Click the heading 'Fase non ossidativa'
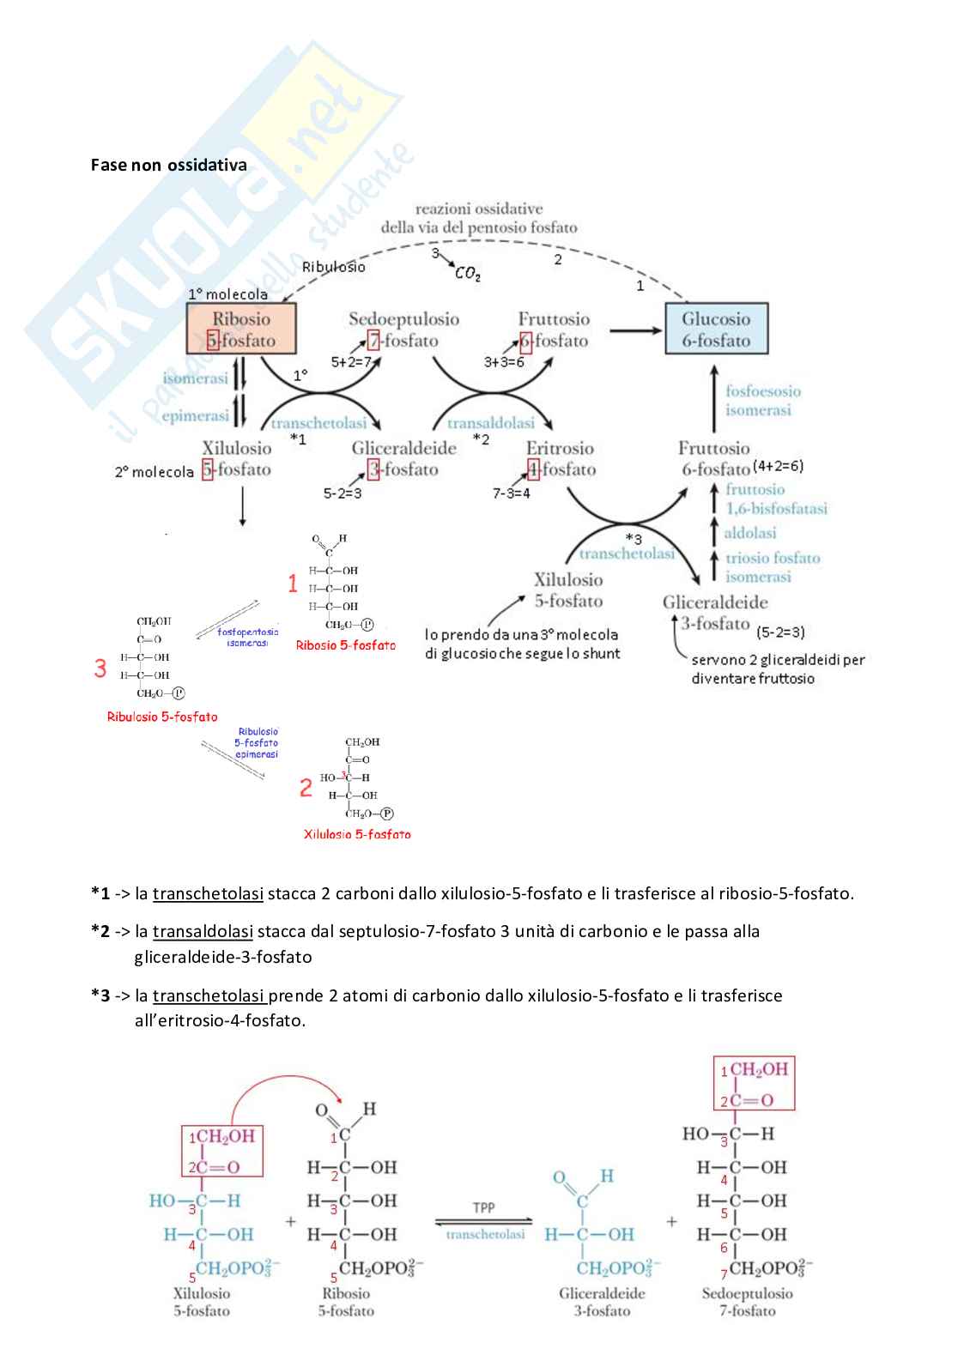[168, 165]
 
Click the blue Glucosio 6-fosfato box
[716, 329]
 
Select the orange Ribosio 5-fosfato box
[241, 329]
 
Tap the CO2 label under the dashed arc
[468, 273]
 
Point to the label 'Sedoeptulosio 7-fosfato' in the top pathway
[403, 330]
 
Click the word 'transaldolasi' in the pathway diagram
[491, 423]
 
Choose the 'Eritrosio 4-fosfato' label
[561, 458]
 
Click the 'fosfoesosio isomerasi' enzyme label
[762, 400]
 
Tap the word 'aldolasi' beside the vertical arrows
[749, 533]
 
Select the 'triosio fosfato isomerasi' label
[772, 567]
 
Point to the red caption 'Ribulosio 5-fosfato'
[162, 717]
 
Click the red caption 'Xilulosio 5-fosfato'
[357, 834]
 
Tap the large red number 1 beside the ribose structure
[293, 584]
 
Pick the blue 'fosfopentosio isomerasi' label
[247, 637]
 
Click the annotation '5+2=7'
[350, 362]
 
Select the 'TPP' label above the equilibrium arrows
[484, 1207]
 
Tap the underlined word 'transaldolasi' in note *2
[203, 931]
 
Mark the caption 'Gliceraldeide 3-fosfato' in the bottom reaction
[602, 1302]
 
